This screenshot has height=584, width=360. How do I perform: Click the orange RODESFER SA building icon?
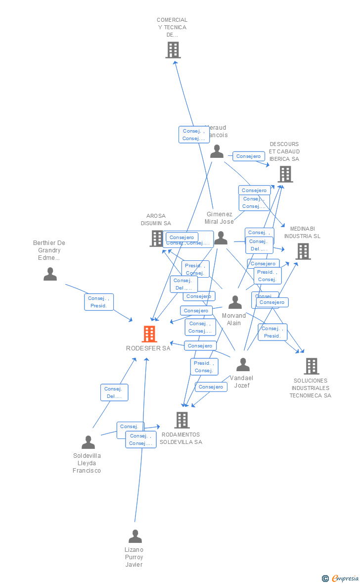149,334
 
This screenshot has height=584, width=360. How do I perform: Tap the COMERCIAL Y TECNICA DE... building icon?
173,50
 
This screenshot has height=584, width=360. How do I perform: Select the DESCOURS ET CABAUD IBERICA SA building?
285,174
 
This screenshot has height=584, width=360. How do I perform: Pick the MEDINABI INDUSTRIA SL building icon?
303,251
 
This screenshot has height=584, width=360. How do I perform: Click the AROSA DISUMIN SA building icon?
157,238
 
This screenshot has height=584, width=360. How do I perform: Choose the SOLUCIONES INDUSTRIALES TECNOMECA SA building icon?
311,366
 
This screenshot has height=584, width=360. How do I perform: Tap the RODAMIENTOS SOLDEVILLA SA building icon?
182,420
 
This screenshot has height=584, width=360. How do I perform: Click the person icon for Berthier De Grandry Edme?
50,274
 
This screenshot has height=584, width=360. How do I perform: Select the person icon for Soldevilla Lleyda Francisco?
88,442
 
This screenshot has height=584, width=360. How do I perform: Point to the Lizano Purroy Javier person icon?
135,536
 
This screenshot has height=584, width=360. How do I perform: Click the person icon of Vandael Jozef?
243,365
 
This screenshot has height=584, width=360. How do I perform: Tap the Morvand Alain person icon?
235,302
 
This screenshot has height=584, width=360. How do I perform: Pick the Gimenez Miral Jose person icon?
221,238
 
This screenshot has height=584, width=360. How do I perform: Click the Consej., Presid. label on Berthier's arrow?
99,302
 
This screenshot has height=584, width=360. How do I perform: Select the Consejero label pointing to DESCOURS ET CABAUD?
248,156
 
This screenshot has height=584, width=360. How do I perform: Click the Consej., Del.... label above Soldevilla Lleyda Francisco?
114,392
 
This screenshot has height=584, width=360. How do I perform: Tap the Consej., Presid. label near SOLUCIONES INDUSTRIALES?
272,332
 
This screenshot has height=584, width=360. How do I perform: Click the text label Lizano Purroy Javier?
134,557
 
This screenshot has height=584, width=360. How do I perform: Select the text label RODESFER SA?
148,348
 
